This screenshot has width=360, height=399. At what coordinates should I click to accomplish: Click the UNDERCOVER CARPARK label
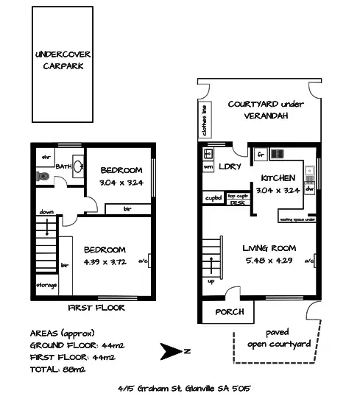tap(63, 60)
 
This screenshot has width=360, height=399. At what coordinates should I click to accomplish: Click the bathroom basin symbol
tap(77, 164)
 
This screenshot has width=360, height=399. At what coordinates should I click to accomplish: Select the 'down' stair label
tap(46, 212)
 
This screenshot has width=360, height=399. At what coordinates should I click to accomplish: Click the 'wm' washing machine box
tap(208, 168)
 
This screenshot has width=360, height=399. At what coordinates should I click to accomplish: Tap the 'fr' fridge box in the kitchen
tap(260, 155)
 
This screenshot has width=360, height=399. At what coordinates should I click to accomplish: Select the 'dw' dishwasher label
tap(309, 188)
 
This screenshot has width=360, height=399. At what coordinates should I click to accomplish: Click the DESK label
tap(237, 202)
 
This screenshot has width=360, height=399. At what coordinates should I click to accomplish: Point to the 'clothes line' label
tap(203, 121)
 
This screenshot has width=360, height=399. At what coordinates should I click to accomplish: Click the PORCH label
tap(229, 312)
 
